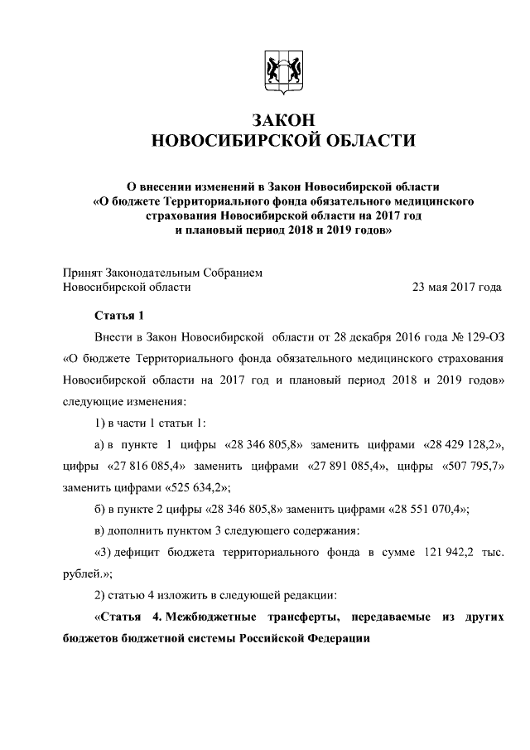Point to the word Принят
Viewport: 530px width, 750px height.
[x=81, y=272]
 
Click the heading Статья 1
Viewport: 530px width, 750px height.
[x=119, y=315]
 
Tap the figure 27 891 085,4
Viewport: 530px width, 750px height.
[x=348, y=466]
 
